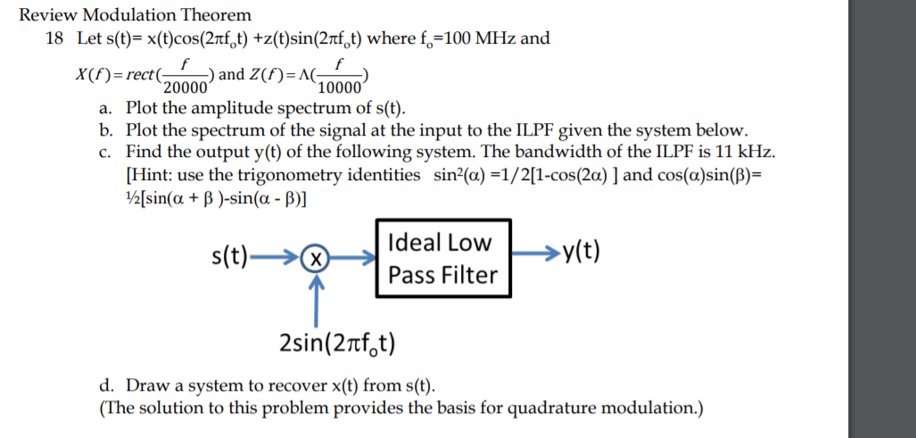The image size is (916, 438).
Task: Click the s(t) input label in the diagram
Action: click(231, 258)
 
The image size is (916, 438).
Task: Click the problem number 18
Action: click(54, 38)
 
